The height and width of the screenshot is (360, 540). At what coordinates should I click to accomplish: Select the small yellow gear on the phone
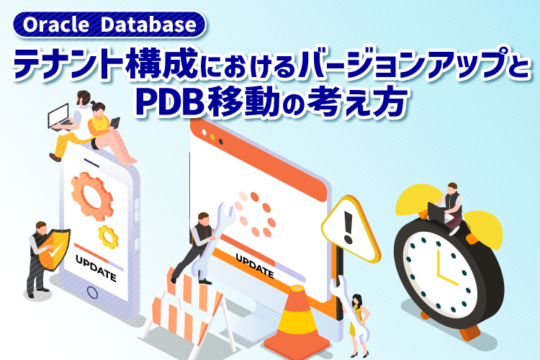coord(108,236)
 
